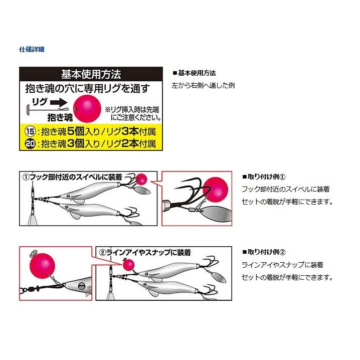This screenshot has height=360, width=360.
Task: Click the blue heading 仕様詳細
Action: click(32, 49)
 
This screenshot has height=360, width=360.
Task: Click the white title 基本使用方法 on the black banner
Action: click(91, 74)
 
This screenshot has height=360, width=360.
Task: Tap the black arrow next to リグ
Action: click(59, 103)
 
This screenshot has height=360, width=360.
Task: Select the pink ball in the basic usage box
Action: click(87, 109)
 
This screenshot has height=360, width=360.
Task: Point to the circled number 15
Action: click(30, 131)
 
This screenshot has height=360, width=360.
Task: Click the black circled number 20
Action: click(30, 144)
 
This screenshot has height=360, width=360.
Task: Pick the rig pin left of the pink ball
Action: click(48, 109)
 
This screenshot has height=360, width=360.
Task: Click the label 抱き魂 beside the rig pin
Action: click(60, 117)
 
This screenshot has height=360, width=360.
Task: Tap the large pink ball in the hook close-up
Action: click(216, 190)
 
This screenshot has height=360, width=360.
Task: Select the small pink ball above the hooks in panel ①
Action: click(141, 179)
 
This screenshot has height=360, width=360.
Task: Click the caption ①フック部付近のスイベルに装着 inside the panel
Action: click(73, 177)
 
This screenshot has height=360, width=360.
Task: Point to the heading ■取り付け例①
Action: click(264, 177)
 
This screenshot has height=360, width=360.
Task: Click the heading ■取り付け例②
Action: click(264, 252)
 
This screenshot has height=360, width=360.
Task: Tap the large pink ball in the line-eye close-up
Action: click(43, 266)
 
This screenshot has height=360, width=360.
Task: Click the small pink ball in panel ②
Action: click(128, 265)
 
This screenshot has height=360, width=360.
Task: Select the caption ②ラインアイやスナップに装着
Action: click(145, 253)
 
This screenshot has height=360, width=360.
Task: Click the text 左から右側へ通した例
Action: click(203, 85)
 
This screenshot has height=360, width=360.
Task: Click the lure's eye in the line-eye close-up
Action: click(81, 286)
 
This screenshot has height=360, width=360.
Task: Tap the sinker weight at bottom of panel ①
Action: click(32, 220)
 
